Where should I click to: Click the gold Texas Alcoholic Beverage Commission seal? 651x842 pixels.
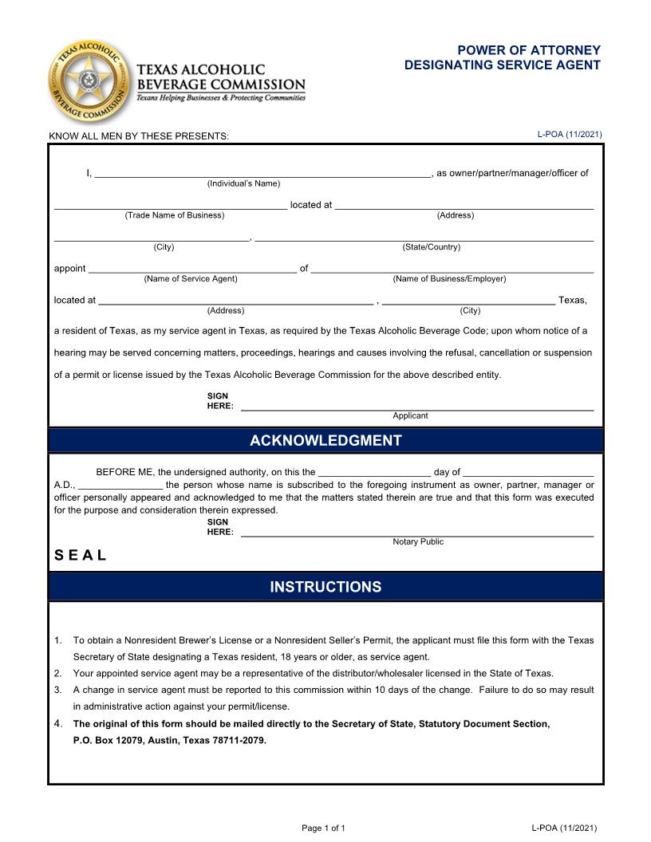(89, 81)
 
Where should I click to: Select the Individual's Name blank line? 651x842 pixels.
(262, 173)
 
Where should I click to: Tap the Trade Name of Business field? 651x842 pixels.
(171, 205)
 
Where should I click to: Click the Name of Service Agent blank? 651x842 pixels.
(191, 269)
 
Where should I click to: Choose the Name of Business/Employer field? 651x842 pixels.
(452, 269)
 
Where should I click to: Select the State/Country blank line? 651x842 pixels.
(424, 237)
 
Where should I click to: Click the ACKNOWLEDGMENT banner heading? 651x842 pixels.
(325, 441)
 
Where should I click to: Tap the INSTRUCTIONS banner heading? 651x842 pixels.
(325, 587)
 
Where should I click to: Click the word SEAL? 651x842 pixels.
(81, 556)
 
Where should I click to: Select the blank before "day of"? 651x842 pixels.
(374, 472)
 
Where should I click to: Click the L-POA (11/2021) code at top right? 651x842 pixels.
(570, 134)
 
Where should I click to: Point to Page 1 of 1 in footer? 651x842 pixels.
(323, 828)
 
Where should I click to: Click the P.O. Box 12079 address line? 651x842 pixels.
(170, 740)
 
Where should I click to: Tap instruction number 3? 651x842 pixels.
(58, 690)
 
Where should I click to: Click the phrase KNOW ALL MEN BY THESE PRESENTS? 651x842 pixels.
(139, 136)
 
